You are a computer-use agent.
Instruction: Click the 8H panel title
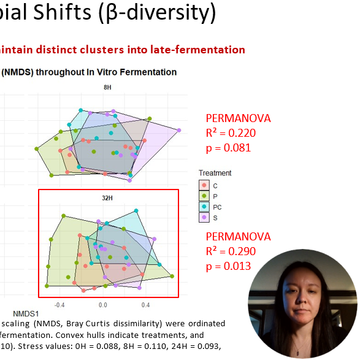coord(108,88)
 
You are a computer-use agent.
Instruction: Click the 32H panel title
coord(108,199)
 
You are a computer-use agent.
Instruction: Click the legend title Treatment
coord(215,173)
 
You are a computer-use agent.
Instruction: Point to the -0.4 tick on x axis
coord(59,304)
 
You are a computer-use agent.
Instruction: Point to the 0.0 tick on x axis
coord(102,304)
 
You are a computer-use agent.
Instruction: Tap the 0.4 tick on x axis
coord(145,304)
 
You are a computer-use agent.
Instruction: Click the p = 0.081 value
coord(228,148)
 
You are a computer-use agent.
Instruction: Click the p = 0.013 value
coord(228,266)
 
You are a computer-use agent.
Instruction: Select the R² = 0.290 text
coord(230,251)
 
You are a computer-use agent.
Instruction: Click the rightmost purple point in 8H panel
coord(179,130)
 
